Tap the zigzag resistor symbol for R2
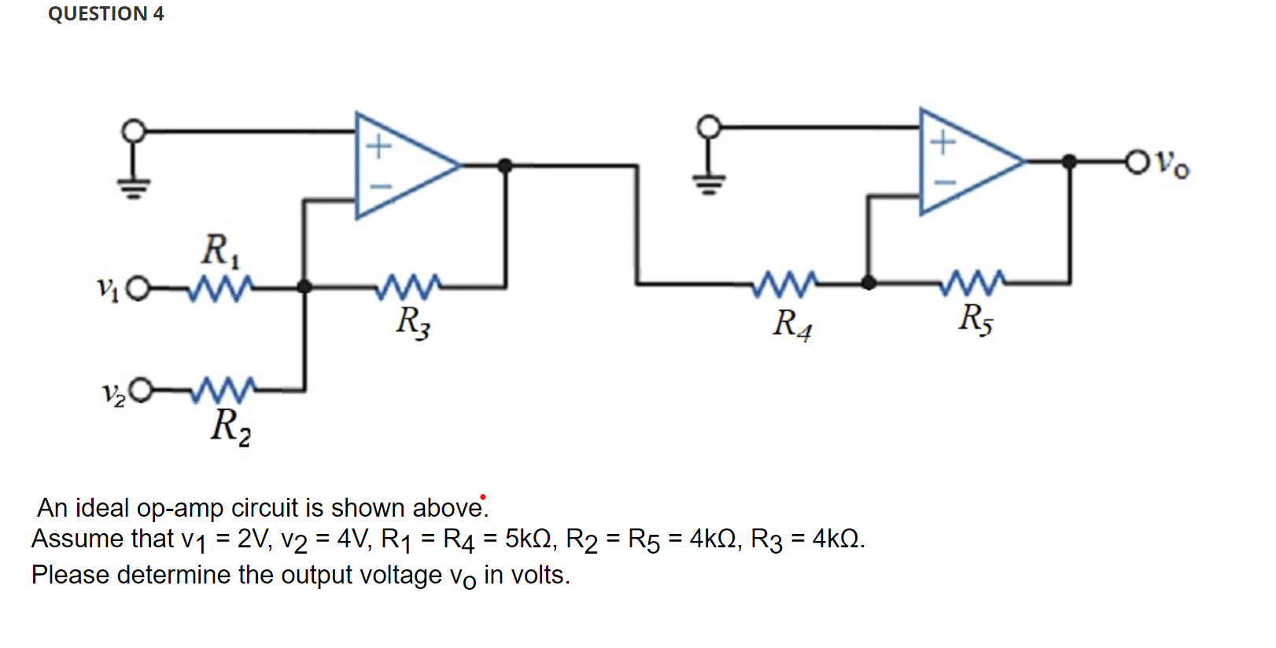click(x=224, y=388)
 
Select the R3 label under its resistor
click(x=413, y=322)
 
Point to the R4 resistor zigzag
click(x=784, y=284)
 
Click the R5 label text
click(x=975, y=318)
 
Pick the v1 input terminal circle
click(x=137, y=289)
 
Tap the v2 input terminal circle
click(x=141, y=390)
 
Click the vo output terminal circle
click(x=1137, y=162)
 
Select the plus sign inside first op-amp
click(x=379, y=146)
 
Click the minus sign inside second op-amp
click(x=943, y=182)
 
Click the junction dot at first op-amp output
click(x=505, y=165)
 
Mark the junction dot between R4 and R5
click(x=868, y=283)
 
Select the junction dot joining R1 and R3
click(x=304, y=287)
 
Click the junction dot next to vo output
click(x=1069, y=162)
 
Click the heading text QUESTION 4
click(x=105, y=13)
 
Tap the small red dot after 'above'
click(x=483, y=497)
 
